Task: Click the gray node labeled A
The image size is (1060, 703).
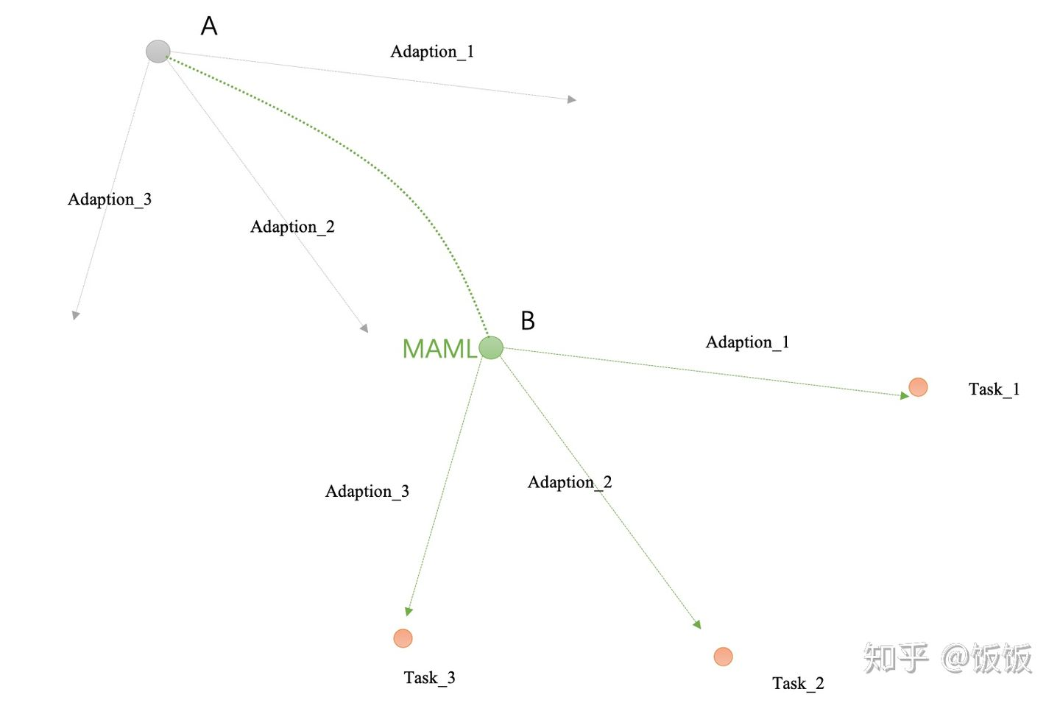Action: tap(158, 52)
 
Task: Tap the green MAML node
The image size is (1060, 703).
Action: tap(491, 347)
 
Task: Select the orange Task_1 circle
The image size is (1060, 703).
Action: tap(918, 387)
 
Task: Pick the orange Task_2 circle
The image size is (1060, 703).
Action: tap(724, 656)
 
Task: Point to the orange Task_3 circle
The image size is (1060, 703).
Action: tap(403, 638)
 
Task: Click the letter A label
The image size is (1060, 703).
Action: tap(209, 27)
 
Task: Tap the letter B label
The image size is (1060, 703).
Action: tap(528, 321)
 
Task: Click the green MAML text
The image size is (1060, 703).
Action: tap(439, 349)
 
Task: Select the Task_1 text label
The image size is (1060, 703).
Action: tap(994, 389)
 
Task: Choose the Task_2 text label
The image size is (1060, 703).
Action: tap(798, 684)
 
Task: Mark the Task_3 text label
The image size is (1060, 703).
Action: tap(429, 678)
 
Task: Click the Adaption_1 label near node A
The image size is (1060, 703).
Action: tap(432, 52)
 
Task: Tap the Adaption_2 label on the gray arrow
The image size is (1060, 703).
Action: tap(292, 227)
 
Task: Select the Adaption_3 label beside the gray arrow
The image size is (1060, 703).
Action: tap(110, 199)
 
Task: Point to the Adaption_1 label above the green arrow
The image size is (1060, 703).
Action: tap(747, 342)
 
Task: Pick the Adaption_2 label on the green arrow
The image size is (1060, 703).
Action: tap(570, 482)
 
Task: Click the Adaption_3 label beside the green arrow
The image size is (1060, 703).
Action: tap(367, 492)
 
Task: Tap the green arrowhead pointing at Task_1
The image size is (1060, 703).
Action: tap(905, 396)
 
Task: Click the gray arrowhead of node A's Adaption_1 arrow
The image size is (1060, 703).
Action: tap(572, 99)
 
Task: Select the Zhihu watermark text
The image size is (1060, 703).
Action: tap(947, 658)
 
